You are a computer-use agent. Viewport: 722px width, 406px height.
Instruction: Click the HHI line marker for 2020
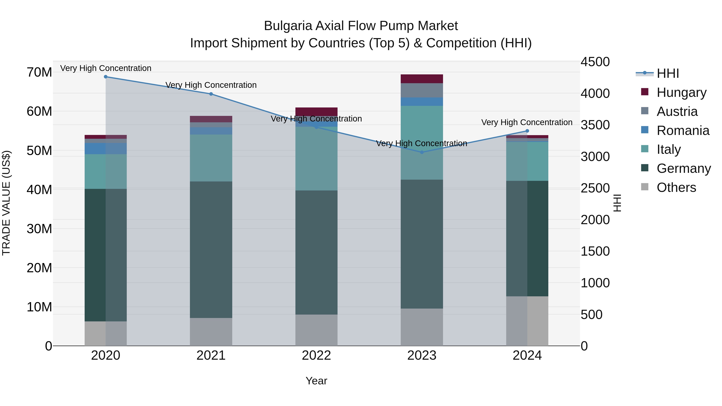click(106, 77)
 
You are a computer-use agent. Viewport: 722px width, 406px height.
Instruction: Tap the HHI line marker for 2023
click(422, 152)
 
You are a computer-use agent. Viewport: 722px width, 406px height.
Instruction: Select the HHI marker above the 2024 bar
click(527, 131)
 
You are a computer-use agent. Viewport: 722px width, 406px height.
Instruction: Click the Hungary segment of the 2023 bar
click(422, 79)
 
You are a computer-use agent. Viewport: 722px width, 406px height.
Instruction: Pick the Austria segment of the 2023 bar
click(422, 90)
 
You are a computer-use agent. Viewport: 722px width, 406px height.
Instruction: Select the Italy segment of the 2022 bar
click(316, 159)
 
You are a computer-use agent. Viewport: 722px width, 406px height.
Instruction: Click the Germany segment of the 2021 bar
click(211, 249)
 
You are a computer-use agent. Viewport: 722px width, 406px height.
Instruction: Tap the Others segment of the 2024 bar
click(527, 321)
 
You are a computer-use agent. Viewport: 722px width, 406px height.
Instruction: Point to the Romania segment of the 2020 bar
click(106, 149)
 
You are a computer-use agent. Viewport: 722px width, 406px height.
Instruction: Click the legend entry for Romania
click(683, 131)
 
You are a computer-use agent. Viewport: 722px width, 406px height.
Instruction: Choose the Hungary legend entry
click(681, 92)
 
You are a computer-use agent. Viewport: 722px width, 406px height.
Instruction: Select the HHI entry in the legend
click(668, 73)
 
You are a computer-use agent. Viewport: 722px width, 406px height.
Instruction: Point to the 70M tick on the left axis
click(39, 72)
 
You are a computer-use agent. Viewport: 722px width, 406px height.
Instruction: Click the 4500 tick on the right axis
click(595, 62)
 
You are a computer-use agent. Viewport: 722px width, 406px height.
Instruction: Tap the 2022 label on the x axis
click(316, 355)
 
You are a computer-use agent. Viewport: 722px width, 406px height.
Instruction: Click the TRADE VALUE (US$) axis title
click(6, 203)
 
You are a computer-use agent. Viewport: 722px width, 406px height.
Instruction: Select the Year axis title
click(316, 381)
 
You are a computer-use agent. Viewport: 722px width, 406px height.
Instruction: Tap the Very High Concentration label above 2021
click(211, 85)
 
